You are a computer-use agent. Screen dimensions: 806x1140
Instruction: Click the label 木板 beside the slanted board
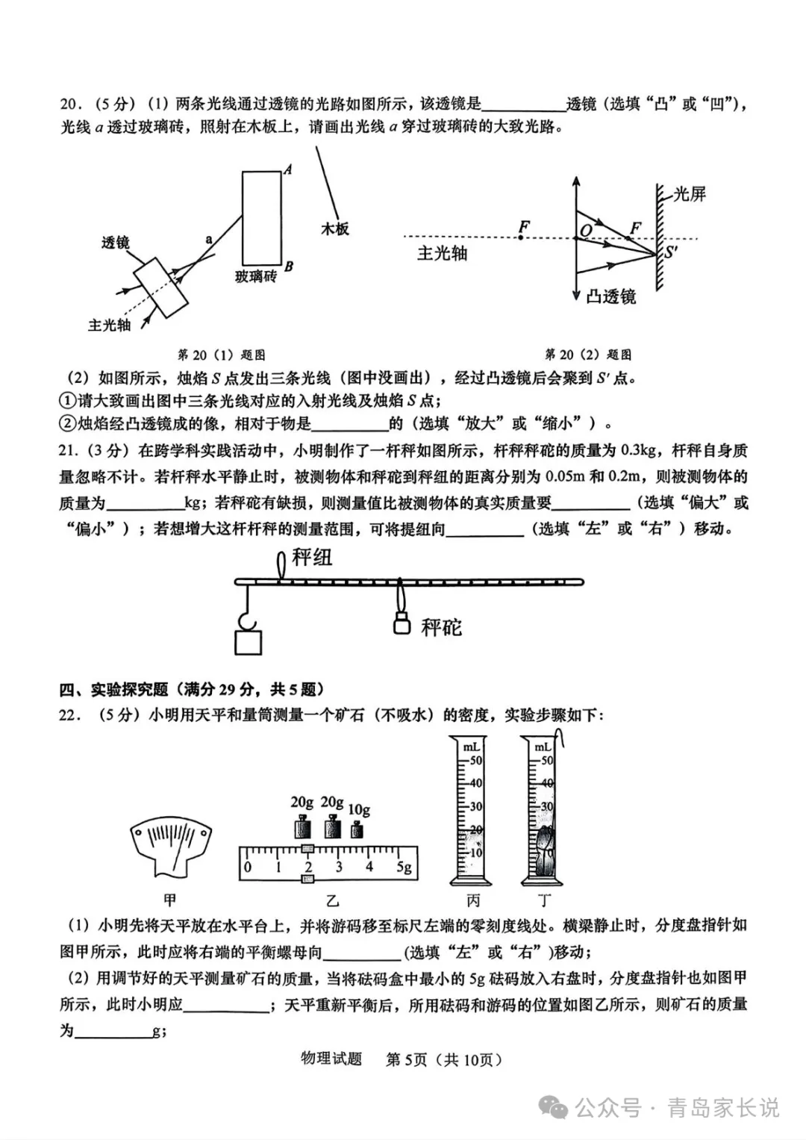pyautogui.click(x=335, y=229)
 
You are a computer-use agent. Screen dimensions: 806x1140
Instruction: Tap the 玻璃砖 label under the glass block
pyautogui.click(x=256, y=277)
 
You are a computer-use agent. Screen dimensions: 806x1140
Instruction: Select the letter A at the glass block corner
pyautogui.click(x=287, y=170)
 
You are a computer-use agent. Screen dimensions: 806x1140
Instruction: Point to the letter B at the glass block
pyautogui.click(x=289, y=267)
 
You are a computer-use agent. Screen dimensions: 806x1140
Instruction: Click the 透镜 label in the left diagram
pyautogui.click(x=116, y=242)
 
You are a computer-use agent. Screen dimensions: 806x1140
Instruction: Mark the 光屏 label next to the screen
pyautogui.click(x=690, y=195)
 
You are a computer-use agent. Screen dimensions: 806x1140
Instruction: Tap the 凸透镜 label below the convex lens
pyautogui.click(x=611, y=296)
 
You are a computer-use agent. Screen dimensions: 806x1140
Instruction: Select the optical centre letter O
pyautogui.click(x=586, y=230)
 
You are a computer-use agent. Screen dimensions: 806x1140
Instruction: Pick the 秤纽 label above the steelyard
pyautogui.click(x=313, y=558)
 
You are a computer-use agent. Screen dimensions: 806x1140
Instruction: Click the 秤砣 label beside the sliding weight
pyautogui.click(x=441, y=627)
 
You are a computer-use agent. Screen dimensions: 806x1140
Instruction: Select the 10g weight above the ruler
pyautogui.click(x=357, y=829)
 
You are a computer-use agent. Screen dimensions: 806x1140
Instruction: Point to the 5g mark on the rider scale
pyautogui.click(x=403, y=867)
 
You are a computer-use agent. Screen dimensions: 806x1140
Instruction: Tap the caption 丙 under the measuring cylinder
pyautogui.click(x=473, y=900)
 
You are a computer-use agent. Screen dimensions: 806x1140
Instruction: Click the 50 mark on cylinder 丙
pyautogui.click(x=475, y=761)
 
